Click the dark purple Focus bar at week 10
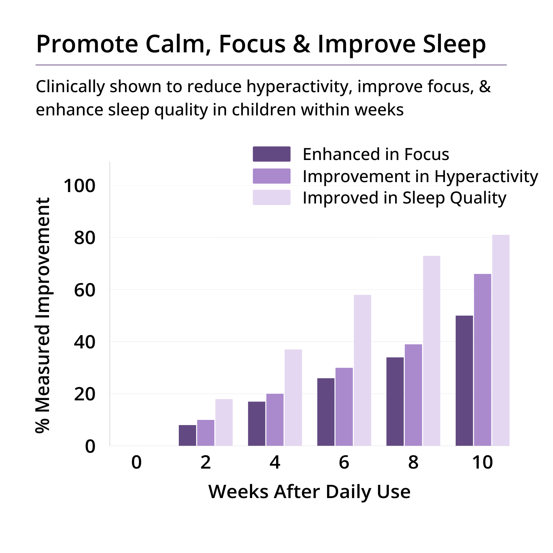tap(464, 380)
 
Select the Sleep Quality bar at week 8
tap(432, 351)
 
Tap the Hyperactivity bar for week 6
tap(344, 407)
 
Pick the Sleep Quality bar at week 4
tap(293, 397)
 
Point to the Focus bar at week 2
tap(187, 435)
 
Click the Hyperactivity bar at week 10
tap(483, 360)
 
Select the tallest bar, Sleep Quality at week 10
tap(501, 340)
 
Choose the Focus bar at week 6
tap(326, 412)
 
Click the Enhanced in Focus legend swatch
tap(272, 154)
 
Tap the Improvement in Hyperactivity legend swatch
tap(272, 176)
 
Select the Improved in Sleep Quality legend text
tap(404, 198)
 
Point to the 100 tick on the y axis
tap(79, 185)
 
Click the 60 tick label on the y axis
tap(84, 290)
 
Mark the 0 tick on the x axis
tap(136, 462)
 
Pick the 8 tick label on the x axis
tap(413, 462)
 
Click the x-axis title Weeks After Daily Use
tap(309, 491)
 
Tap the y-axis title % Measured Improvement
tap(43, 315)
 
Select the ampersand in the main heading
tap(302, 44)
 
